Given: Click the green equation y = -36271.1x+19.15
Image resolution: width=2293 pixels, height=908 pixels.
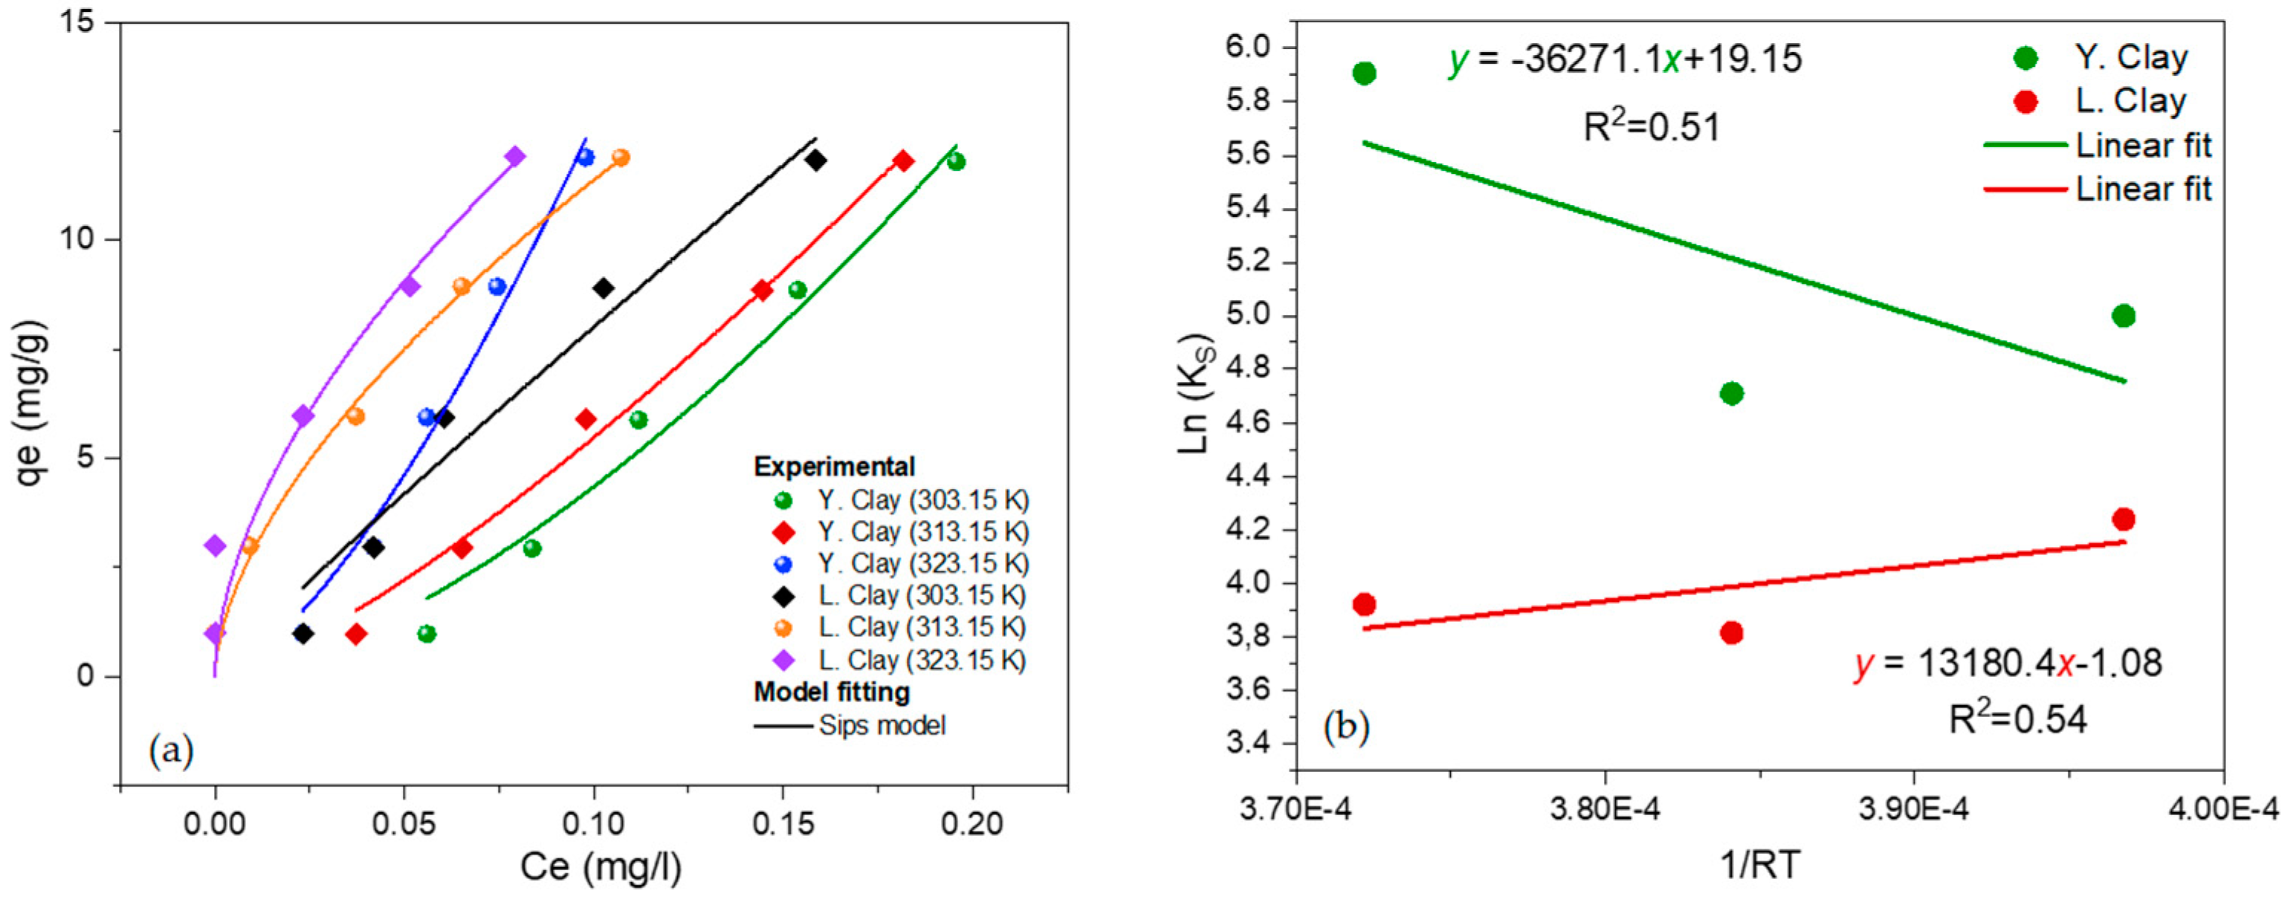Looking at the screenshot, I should [1625, 59].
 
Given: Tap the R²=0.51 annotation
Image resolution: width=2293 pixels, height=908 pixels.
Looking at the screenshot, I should [1652, 127].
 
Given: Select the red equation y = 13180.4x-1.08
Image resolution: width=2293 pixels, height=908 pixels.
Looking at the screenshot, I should [2008, 664].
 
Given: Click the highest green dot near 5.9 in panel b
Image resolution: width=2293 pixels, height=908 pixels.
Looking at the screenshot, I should [1364, 73].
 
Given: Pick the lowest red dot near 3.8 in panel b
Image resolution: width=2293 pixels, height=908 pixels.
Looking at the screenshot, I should [1731, 633].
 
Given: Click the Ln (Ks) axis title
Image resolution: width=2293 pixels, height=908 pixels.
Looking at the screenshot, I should [1194, 394].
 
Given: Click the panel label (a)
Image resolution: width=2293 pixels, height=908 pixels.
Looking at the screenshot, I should [171, 750].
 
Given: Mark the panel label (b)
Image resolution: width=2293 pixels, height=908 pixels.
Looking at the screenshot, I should [1346, 727].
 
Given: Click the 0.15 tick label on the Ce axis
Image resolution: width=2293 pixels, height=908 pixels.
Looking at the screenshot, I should [783, 823].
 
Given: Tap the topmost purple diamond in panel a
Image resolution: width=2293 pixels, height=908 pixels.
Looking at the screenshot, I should [514, 157].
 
